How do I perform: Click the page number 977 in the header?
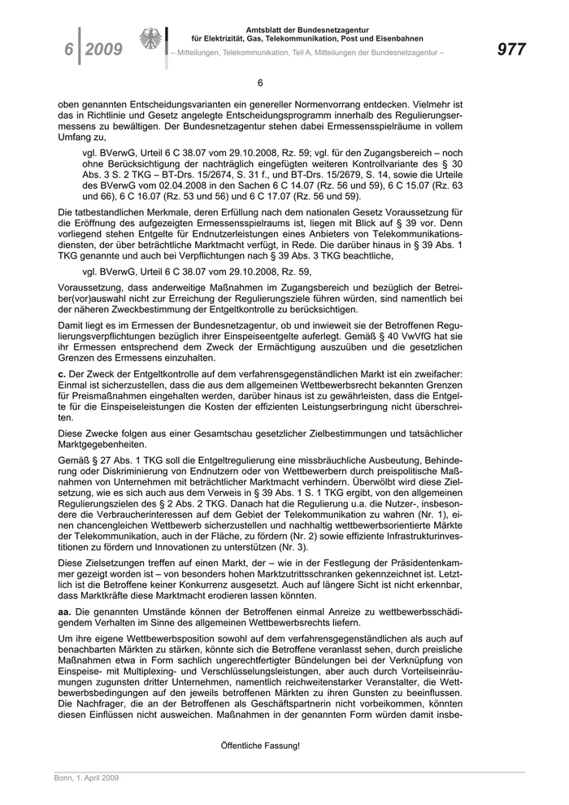(x=510, y=50)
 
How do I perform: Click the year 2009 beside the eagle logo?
(x=103, y=50)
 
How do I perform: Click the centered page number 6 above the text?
(x=260, y=83)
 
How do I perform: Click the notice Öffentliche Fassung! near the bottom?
(x=260, y=745)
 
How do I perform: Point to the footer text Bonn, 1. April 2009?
(x=80, y=778)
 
